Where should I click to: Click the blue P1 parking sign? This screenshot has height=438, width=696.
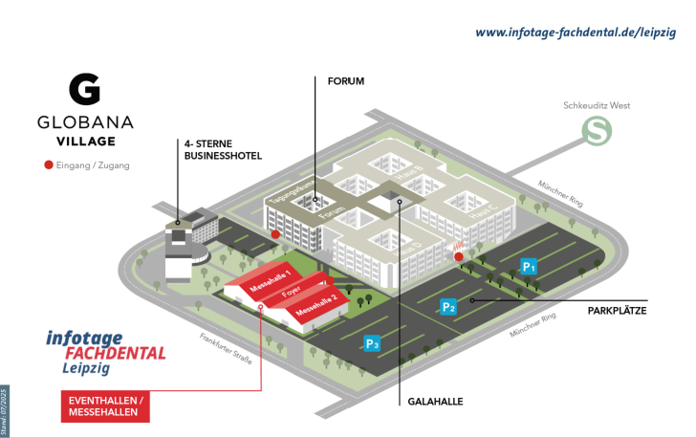(528, 266)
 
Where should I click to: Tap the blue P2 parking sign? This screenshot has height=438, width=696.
(447, 307)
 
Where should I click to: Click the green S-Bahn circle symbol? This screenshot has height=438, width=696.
(598, 131)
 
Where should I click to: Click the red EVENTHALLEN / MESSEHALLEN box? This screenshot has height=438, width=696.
(106, 405)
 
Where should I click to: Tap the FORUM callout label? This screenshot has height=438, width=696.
(346, 81)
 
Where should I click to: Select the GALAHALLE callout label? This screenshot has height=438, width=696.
(435, 402)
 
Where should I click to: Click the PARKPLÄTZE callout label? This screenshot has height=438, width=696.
(618, 311)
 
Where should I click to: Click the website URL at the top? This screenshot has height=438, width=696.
(576, 32)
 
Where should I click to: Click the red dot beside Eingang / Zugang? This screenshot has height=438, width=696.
(49, 165)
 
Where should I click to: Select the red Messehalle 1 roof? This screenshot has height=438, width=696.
(270, 281)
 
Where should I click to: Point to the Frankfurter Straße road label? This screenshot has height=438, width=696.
(227, 349)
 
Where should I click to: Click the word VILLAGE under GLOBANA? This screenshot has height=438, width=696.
(85, 141)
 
